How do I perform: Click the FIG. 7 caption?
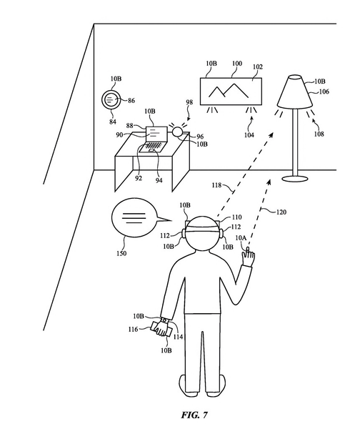point(194,415)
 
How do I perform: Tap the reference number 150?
point(121,253)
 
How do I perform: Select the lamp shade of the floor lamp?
point(295,92)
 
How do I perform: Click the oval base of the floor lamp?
point(295,179)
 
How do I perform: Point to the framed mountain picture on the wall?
point(231,92)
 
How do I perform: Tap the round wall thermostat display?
point(111,99)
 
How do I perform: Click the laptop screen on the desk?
point(156,134)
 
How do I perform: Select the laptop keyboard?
point(153,146)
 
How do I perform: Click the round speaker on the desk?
point(177,132)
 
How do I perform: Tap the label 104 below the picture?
point(249,135)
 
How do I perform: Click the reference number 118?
point(216,185)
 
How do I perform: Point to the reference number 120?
point(281,212)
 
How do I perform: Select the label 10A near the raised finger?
point(241,238)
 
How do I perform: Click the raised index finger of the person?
point(248,252)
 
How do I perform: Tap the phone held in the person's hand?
point(161,329)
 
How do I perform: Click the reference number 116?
point(133,329)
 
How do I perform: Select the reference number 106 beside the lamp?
point(324,92)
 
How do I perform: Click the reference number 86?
point(131,101)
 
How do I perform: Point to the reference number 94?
point(159,180)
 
